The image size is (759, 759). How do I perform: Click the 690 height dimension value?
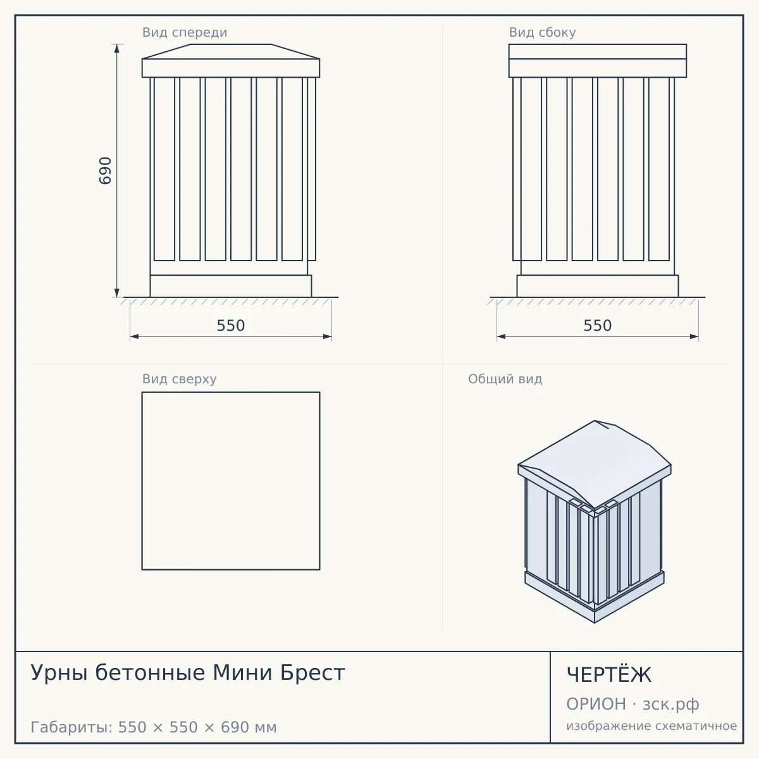[105, 171]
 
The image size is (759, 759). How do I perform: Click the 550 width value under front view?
[231, 325]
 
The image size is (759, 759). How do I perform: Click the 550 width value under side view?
[598, 325]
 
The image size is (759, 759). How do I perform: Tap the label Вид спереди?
[185, 32]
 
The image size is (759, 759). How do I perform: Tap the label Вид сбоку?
[542, 32]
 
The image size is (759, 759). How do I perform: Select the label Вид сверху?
[179, 379]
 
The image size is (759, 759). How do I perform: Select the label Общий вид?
[505, 379]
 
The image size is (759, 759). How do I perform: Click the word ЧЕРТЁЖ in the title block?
[609, 674]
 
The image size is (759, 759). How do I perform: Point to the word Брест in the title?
[312, 672]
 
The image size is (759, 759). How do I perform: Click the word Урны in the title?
[59, 673]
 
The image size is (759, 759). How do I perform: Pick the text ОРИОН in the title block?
[596, 704]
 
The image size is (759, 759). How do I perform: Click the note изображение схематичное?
[651, 725]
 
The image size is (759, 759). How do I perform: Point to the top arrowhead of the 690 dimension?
[116, 48]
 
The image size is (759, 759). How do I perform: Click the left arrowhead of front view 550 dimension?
[134, 336]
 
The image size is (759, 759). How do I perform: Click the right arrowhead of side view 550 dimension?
[694, 336]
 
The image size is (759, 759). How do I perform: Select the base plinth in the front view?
[231, 286]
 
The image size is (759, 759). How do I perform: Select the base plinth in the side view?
[598, 286]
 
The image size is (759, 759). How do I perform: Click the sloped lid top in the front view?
[231, 52]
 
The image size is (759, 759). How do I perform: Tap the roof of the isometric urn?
[595, 464]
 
